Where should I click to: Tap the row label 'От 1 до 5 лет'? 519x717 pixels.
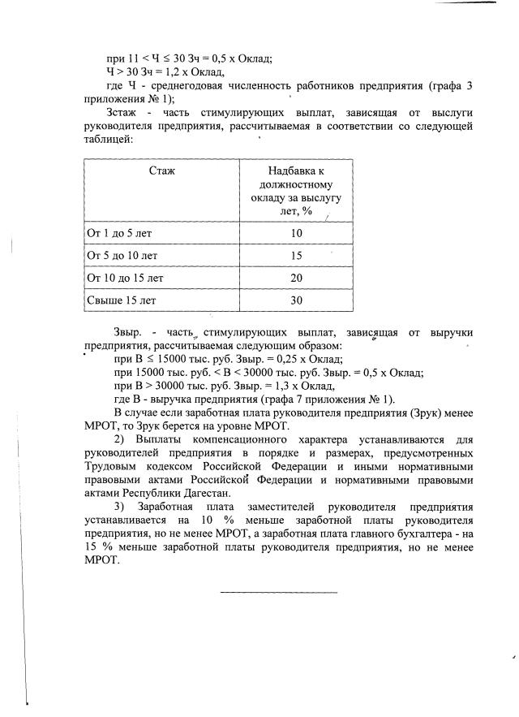[119, 233]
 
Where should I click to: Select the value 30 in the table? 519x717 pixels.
[296, 300]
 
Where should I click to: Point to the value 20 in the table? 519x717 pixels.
[296, 278]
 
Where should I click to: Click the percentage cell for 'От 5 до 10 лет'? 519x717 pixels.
[296, 256]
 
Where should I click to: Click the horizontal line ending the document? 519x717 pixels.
[278, 591]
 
